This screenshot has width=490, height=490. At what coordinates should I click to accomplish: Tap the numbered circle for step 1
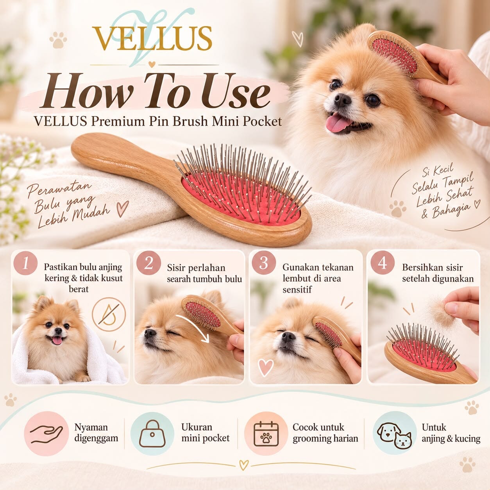tap(25, 263)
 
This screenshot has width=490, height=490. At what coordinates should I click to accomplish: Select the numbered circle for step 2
tap(148, 263)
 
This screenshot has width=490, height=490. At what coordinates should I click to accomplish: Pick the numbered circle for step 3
tap(264, 263)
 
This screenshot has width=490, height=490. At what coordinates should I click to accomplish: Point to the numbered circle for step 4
tap(383, 263)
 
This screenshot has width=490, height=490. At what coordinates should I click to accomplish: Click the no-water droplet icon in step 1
tap(109, 314)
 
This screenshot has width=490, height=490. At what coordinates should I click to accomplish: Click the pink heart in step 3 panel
tap(266, 367)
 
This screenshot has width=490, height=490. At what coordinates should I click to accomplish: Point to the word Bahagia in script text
tap(450, 211)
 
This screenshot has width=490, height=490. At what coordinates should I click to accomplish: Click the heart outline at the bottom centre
tap(244, 465)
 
